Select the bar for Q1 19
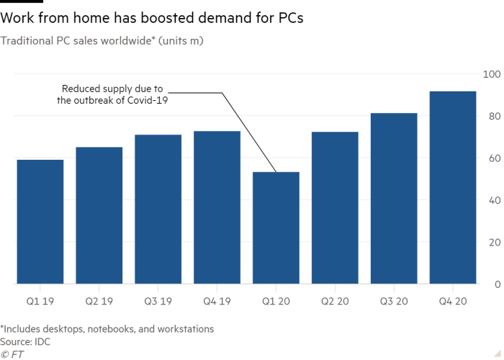click(40, 221)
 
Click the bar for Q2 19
click(99, 215)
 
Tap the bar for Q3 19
click(158, 209)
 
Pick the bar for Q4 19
click(217, 207)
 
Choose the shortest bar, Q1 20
click(276, 228)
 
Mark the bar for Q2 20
click(335, 207)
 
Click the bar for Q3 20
click(394, 198)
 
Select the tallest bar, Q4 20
click(453, 187)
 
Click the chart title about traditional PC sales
click(103, 42)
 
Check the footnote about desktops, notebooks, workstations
click(107, 329)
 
